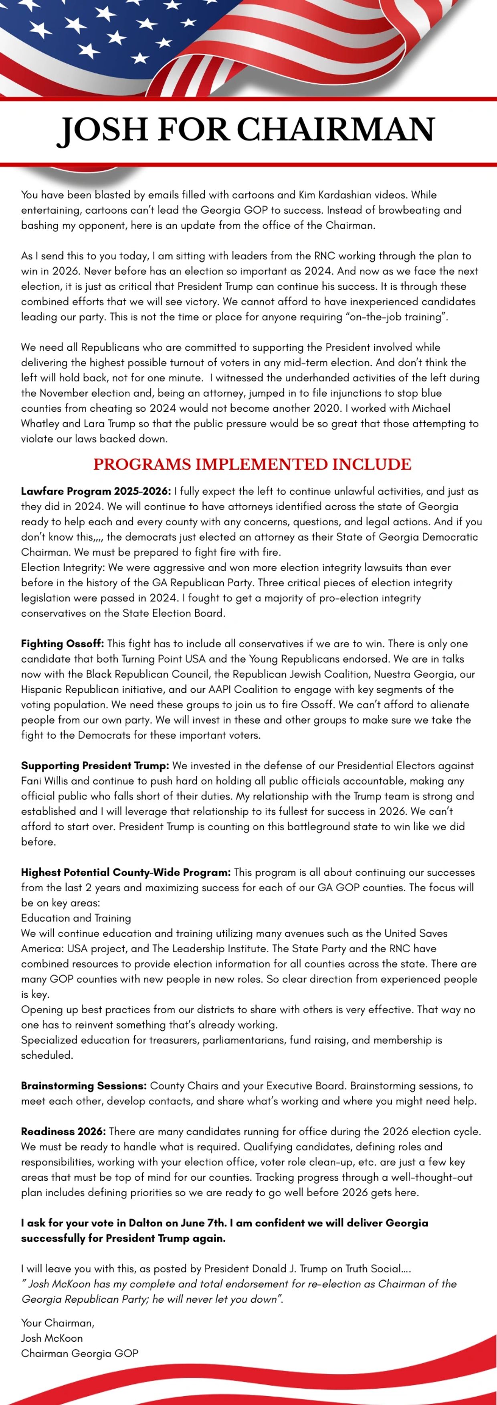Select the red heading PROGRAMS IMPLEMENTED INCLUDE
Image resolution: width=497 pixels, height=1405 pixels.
coord(252,464)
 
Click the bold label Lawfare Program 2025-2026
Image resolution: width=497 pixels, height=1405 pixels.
coord(96,492)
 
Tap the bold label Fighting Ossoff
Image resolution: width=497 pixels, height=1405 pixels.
coord(62,644)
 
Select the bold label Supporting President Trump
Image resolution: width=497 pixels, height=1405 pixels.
coord(95,766)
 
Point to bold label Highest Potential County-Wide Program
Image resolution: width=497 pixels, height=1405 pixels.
coord(125,873)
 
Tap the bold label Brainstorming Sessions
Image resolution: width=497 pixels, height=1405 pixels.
coord(83,1086)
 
